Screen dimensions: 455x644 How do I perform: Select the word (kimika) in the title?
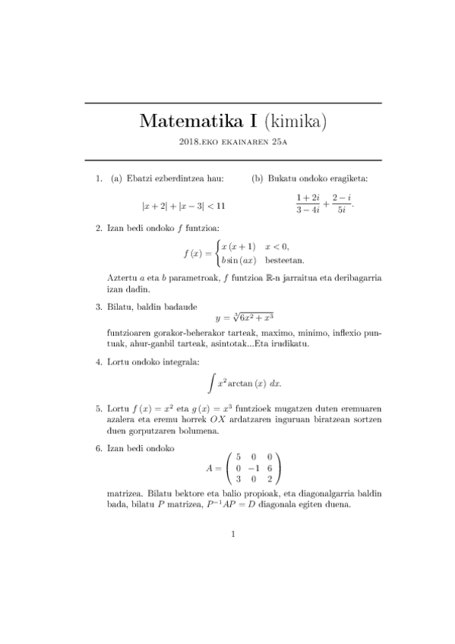pos(295,122)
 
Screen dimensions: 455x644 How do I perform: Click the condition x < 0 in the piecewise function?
pos(277,246)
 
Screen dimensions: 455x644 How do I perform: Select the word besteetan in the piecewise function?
pos(285,260)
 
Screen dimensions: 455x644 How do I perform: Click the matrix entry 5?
pos(239,457)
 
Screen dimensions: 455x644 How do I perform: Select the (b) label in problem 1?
pos(259,179)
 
